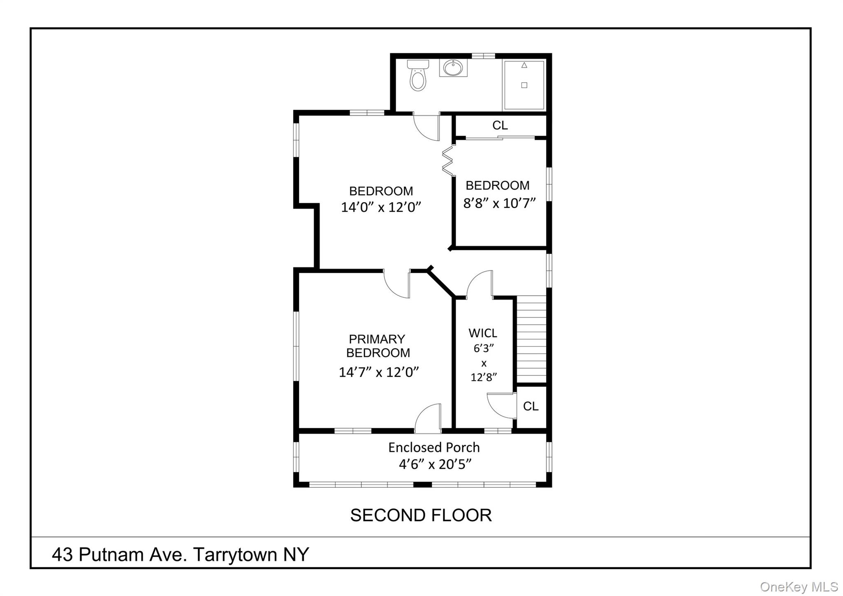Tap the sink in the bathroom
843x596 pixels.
453,68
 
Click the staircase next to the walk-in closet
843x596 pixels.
531,339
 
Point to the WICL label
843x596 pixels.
483,333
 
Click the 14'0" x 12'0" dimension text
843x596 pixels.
381,207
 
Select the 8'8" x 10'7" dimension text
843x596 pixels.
499,203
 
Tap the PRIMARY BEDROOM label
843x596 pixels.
378,346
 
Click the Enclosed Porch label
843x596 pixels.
434,447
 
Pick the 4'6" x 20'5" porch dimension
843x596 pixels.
435,464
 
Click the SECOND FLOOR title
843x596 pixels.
421,515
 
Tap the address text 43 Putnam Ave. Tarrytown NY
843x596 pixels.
180,554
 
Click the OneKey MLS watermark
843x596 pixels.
799,587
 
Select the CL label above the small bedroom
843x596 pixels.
500,125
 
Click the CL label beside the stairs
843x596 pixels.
531,406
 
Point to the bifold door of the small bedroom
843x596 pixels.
447,161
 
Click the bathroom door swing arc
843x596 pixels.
426,128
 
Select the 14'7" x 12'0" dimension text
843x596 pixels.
379,372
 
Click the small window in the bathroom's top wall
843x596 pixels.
483,56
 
